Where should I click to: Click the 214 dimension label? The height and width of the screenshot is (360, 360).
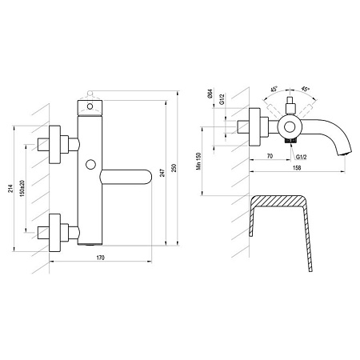(x=10, y=189)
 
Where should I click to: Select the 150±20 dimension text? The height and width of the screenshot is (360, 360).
(x=22, y=188)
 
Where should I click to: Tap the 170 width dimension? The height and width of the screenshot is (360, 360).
(x=101, y=258)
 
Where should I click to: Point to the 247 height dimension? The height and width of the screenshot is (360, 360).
(x=162, y=173)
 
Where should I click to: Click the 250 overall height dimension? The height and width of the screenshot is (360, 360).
(x=174, y=168)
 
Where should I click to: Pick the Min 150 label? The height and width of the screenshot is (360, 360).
(x=198, y=161)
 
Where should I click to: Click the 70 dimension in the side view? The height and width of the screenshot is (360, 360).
(x=270, y=156)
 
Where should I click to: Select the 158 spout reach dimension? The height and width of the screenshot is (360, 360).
(x=297, y=168)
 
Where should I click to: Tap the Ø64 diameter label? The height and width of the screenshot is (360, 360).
(x=210, y=94)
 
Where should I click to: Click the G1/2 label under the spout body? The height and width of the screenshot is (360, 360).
(x=302, y=157)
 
